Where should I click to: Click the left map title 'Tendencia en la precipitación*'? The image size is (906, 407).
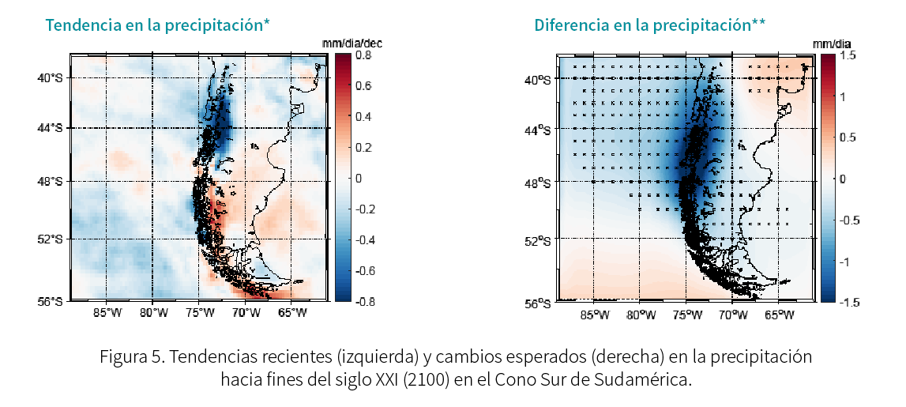pos(157,24)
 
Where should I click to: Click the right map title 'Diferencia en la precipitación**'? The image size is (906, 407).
pos(649,24)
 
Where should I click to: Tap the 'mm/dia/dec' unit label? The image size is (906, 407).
pos(352,44)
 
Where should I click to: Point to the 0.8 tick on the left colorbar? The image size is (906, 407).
pos(363,56)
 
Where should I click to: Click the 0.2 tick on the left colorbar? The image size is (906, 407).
pos(363,147)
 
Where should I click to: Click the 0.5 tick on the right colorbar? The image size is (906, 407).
pos(847,138)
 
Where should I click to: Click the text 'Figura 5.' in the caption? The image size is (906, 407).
pos(132,356)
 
